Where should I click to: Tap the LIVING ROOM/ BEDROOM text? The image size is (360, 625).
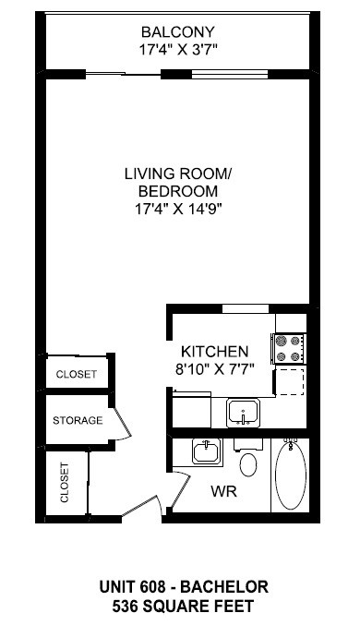(x=179, y=182)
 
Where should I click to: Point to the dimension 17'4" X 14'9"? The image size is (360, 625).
(x=179, y=209)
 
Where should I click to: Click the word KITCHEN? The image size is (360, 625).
(x=214, y=352)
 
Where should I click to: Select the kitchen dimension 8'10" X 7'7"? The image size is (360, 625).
(x=214, y=368)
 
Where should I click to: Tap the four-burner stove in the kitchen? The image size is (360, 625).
(x=288, y=348)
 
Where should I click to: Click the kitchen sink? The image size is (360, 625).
(x=244, y=412)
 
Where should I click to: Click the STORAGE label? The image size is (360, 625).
(x=77, y=421)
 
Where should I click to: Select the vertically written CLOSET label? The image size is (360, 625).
(x=65, y=482)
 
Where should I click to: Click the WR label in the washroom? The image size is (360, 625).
(x=225, y=492)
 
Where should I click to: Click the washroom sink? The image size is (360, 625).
(x=205, y=453)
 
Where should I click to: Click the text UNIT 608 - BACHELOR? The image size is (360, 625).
(x=179, y=587)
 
